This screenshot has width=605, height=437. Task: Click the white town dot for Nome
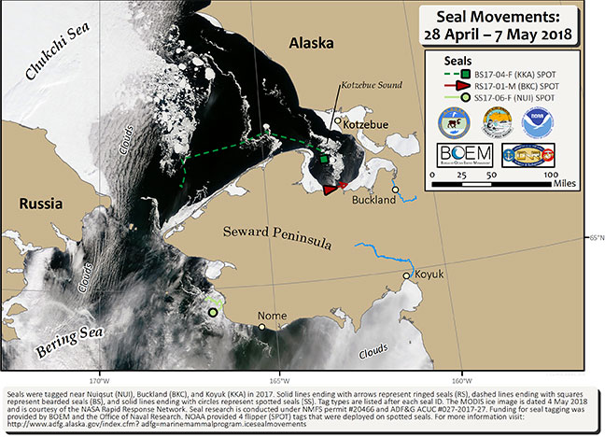point(262,327)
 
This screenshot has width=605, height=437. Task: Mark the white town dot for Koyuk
point(406,275)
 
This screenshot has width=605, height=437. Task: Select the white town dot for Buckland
point(395,190)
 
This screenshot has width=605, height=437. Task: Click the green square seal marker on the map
point(324,160)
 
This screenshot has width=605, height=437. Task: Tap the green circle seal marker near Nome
point(213,313)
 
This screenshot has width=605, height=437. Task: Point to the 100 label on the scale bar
point(552,174)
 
